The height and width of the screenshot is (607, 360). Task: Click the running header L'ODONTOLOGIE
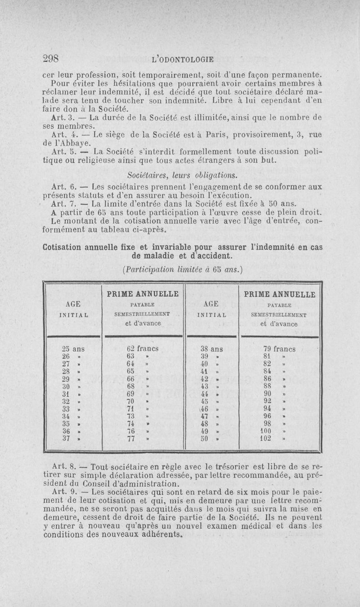(x=183, y=59)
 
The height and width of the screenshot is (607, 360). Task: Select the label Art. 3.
(x=60, y=118)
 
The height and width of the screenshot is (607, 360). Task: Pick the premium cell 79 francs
(x=279, y=349)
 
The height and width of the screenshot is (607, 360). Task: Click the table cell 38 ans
(x=211, y=349)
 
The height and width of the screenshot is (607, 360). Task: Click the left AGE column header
(x=72, y=303)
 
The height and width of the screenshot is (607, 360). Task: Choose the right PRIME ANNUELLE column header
(x=279, y=294)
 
